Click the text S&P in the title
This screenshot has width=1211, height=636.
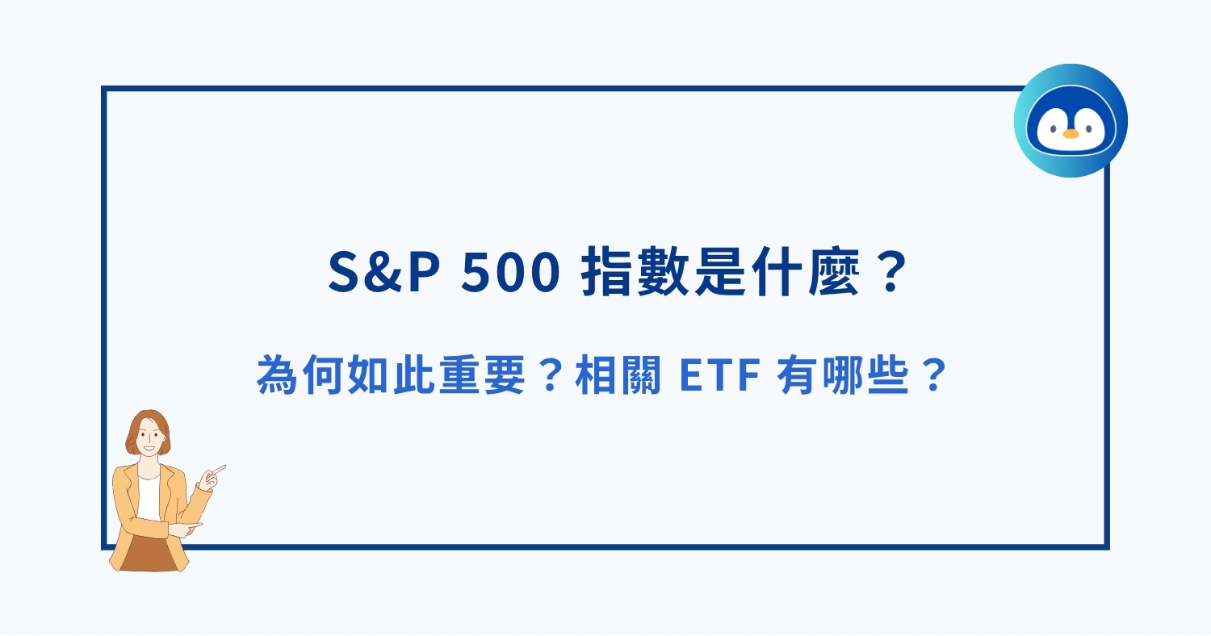tap(384, 274)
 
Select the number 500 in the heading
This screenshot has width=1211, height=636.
tap(511, 274)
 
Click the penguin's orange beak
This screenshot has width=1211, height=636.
tap(1071, 133)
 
